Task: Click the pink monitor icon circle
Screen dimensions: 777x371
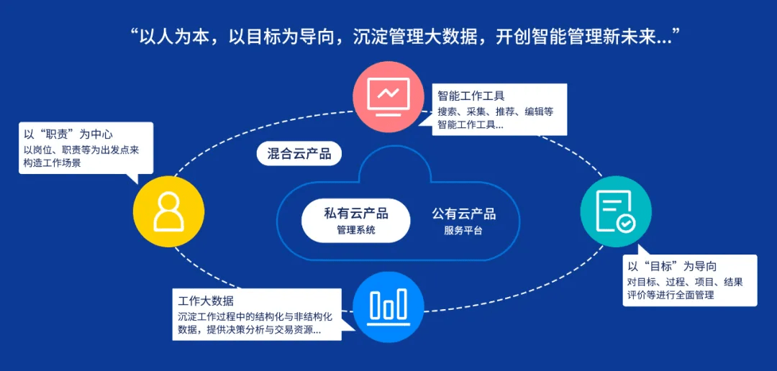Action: click(x=388, y=97)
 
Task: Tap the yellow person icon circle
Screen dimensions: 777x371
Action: click(x=168, y=211)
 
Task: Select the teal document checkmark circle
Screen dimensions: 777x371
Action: click(x=616, y=211)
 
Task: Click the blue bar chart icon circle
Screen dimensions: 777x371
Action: click(x=389, y=306)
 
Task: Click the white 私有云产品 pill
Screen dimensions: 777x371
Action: click(x=356, y=220)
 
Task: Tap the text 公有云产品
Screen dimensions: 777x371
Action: click(x=463, y=214)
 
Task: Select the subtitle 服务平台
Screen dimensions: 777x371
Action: click(x=463, y=231)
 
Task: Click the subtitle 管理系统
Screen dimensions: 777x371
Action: click(x=356, y=230)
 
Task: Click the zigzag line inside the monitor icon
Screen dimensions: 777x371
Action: click(x=388, y=93)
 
